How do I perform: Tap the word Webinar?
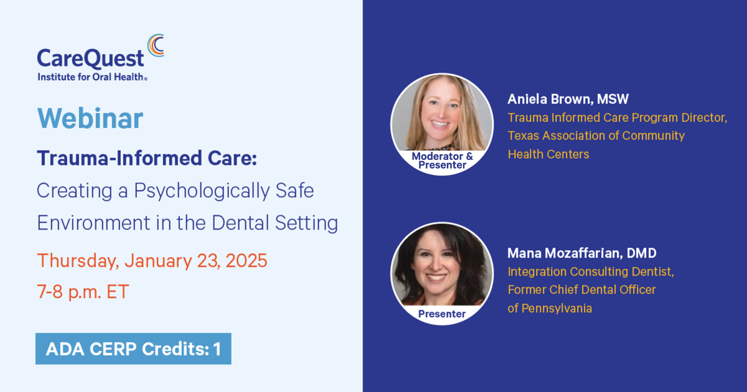[90, 118]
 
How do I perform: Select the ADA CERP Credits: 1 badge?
[133, 348]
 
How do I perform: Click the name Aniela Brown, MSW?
[568, 99]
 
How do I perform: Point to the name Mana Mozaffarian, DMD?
[582, 253]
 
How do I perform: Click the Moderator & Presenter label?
[442, 161]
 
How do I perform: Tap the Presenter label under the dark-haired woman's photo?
[442, 314]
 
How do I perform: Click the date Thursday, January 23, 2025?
[152, 261]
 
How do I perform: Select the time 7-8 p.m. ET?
[83, 291]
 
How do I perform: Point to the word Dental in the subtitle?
[240, 222]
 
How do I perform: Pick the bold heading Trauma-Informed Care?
[147, 158]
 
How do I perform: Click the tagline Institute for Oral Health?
[92, 77]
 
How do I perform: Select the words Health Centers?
[548, 154]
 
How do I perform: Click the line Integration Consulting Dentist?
[591, 272]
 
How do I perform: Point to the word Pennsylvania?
[557, 309]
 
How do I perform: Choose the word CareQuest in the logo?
[90, 58]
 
